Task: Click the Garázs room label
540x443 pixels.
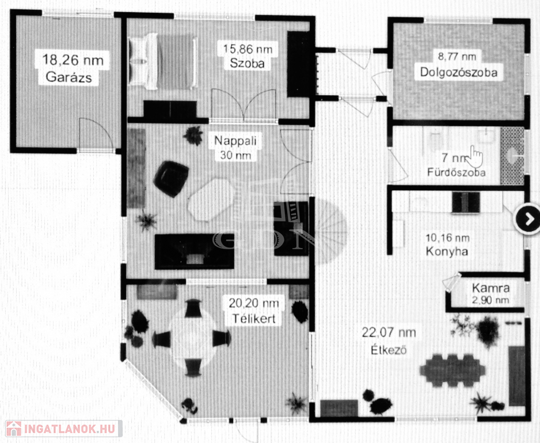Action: click(x=69, y=77)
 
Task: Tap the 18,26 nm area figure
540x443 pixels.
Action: click(x=73, y=60)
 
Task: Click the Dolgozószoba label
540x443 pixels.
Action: click(x=459, y=72)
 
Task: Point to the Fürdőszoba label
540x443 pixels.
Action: click(x=457, y=172)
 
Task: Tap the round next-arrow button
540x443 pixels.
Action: click(x=527, y=219)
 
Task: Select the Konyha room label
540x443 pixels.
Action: click(x=447, y=251)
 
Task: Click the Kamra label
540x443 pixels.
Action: click(x=490, y=288)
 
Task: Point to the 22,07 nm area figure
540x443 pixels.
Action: click(x=389, y=333)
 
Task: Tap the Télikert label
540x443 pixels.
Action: click(x=254, y=318)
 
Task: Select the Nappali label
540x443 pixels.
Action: click(x=235, y=140)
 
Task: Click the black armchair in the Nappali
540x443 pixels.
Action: click(x=171, y=178)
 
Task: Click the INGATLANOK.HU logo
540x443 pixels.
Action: click(x=64, y=429)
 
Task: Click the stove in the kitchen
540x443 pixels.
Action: click(x=466, y=202)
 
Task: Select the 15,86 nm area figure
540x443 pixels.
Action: click(x=248, y=48)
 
